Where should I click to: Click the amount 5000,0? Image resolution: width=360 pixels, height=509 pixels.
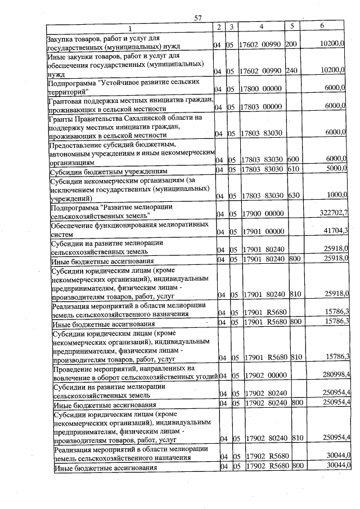(335, 169)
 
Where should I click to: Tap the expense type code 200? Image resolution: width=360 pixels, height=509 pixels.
(291, 44)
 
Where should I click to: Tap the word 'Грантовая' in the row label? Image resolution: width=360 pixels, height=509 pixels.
(66, 100)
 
